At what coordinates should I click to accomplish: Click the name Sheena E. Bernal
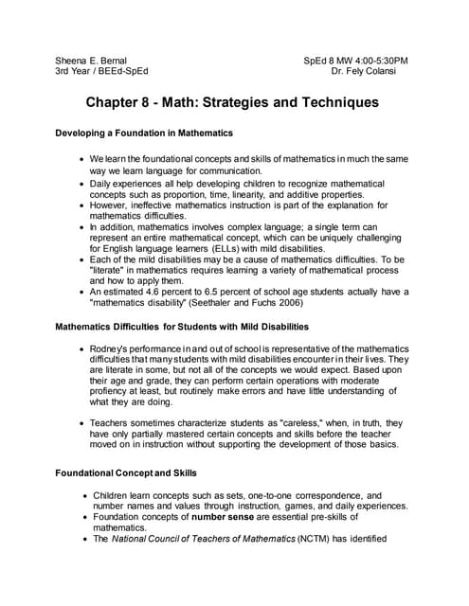(91, 59)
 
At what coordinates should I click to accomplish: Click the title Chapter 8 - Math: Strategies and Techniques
(233, 101)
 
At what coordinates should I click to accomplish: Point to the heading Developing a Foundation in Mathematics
(145, 134)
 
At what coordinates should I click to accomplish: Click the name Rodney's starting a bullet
(116, 348)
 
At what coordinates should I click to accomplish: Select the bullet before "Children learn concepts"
(84, 495)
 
